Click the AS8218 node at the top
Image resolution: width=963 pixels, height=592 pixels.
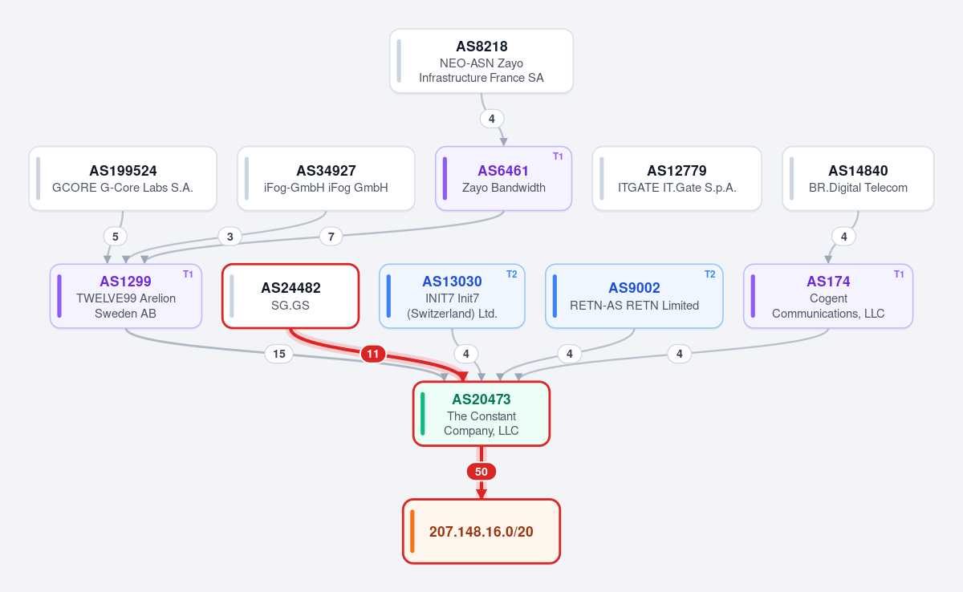481,61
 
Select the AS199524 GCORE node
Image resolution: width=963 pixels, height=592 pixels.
123,179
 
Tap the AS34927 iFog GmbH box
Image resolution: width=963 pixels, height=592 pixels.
326,179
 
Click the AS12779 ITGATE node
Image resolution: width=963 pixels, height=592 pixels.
677,179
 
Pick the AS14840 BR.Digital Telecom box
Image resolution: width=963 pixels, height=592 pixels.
858,179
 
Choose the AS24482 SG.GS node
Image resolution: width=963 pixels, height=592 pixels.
291,296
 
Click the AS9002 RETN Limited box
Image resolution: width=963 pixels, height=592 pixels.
634,296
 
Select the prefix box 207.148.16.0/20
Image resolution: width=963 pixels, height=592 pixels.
481,531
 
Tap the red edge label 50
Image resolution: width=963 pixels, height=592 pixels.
481,472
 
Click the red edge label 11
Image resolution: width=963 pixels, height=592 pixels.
372,354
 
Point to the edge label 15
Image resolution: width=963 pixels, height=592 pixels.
279,354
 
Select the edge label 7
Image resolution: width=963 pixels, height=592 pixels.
331,237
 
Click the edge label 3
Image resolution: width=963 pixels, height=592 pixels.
230,237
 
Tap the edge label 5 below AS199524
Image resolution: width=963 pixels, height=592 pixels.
116,237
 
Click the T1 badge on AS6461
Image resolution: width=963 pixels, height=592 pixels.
558,156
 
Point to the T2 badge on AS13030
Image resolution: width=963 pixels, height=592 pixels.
512,274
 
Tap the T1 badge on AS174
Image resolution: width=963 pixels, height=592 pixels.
899,274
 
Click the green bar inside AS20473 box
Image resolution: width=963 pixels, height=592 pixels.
423,414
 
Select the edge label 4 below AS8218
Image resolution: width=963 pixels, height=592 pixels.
492,119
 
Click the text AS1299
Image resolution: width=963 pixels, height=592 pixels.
125,282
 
